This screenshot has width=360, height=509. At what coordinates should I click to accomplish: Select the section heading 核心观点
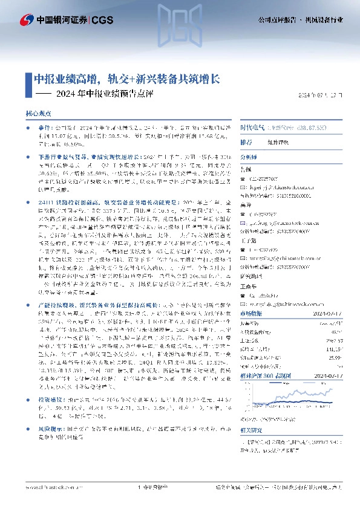(x=38, y=113)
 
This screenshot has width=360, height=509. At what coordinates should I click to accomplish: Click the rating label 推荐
(x=229, y=142)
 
